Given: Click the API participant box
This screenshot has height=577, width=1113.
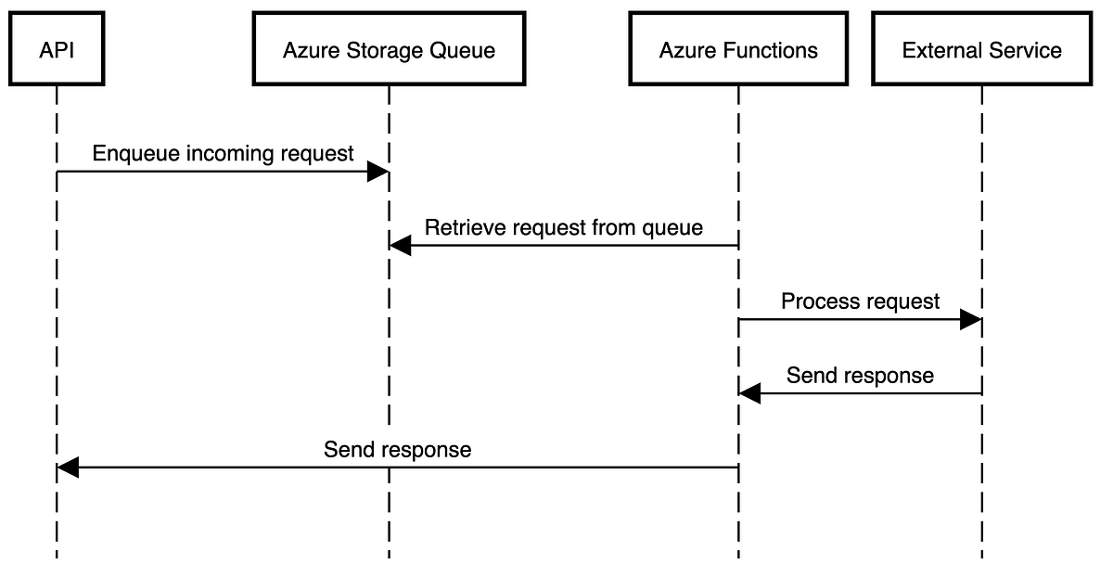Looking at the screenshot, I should [x=56, y=49].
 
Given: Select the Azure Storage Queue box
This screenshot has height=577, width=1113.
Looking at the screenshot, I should [x=389, y=49].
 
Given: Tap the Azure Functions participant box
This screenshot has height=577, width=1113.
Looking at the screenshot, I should [x=738, y=49].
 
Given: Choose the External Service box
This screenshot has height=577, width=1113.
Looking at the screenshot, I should [x=981, y=49].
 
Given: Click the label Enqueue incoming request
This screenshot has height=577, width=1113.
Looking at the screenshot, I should [x=223, y=153].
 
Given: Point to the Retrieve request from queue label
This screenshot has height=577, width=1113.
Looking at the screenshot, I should [x=563, y=227].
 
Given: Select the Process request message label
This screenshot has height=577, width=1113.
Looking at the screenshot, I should [x=860, y=301].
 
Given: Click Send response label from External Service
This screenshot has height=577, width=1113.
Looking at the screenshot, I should [x=860, y=376].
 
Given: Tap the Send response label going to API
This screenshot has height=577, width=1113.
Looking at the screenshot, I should [x=397, y=450].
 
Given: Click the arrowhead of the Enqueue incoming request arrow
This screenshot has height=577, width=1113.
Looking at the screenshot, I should [x=378, y=172].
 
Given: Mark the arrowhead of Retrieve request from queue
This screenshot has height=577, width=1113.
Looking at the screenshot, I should [x=401, y=246].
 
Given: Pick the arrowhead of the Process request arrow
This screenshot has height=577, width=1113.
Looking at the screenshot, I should [x=970, y=320].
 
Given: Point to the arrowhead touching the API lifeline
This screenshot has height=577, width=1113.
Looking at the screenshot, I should [x=69, y=468].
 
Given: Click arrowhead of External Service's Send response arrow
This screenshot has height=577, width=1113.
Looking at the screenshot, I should [x=750, y=394].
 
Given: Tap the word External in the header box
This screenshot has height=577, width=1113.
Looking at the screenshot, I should [x=939, y=50].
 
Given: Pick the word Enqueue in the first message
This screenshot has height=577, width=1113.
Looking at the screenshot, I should [x=125, y=154].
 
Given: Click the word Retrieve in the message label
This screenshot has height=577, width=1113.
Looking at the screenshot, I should [x=458, y=227].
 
